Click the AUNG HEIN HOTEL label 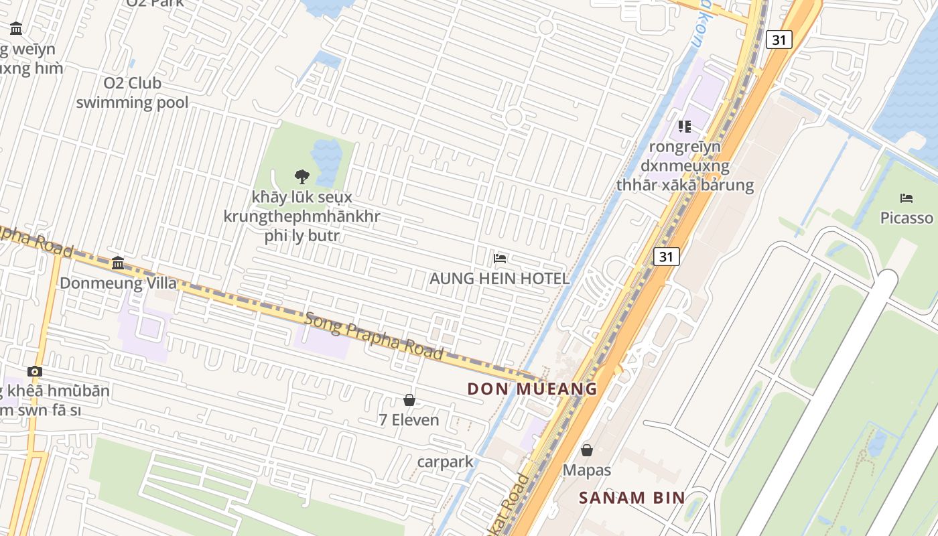click(x=499, y=278)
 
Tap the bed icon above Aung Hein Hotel click(x=499, y=259)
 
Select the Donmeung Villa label click(x=119, y=283)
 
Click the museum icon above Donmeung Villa click(x=119, y=263)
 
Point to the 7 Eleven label click(x=409, y=420)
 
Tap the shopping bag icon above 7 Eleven click(x=409, y=400)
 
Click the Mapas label click(x=586, y=470)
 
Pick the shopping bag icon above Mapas click(x=586, y=450)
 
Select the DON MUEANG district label click(x=532, y=389)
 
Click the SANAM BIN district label click(x=632, y=497)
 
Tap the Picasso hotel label click(x=906, y=218)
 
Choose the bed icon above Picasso click(x=906, y=198)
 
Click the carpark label click(x=445, y=462)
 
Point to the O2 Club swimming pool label click(x=132, y=92)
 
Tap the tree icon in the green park click(x=302, y=176)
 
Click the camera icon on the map click(x=35, y=371)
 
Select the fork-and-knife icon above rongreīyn click(x=684, y=126)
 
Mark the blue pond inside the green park click(x=326, y=161)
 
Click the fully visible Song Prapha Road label click(x=374, y=334)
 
